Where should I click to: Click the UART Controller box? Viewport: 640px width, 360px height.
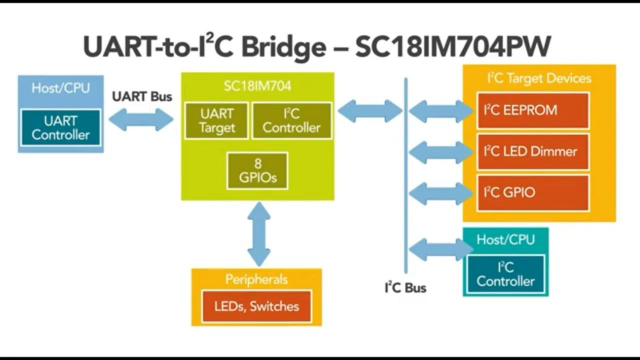tap(60, 127)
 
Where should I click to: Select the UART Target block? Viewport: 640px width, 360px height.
tap(216, 120)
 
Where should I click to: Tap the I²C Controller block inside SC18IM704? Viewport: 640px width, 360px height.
tap(291, 120)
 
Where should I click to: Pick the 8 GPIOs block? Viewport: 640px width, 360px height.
tap(257, 170)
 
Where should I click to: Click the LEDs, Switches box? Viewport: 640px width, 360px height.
tap(256, 306)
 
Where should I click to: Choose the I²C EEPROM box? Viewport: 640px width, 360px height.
tap(533, 110)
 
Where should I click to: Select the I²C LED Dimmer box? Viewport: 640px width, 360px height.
tap(533, 151)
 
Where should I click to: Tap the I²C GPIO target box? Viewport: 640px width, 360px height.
tap(533, 192)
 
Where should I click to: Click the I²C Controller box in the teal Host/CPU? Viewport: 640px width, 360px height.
tap(505, 274)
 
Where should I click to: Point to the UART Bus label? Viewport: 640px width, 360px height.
tap(142, 96)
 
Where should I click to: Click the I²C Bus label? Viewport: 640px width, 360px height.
tap(405, 288)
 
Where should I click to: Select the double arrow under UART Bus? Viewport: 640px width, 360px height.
tap(141, 119)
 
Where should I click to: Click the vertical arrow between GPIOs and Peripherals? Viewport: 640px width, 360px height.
tap(259, 234)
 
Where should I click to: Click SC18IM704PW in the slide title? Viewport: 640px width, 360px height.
tap(453, 47)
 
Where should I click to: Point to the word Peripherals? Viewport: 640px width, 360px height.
tap(256, 279)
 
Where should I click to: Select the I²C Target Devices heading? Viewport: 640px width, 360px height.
tap(539, 78)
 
